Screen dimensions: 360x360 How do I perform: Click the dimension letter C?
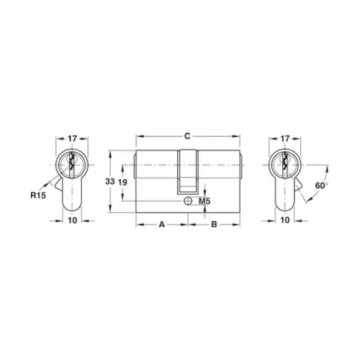click(188, 136)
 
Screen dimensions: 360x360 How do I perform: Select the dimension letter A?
click(162, 224)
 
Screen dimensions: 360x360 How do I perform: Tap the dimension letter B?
click(214, 224)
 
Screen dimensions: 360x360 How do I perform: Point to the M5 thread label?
click(204, 201)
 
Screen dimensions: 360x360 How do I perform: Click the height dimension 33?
click(110, 181)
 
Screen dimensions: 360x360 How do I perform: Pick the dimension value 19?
click(122, 182)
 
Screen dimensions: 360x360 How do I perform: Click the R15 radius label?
click(38, 195)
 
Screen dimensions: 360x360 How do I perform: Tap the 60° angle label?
click(321, 185)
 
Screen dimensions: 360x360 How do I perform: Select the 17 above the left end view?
click(72, 139)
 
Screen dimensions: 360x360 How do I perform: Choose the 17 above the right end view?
click(285, 139)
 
